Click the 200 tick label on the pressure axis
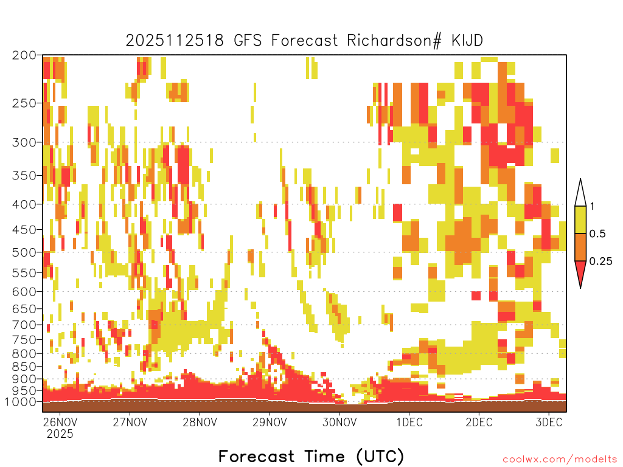24,55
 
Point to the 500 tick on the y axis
24,252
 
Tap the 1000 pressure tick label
21,402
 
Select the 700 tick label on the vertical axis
24,325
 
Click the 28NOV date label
200,422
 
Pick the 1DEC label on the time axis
409,422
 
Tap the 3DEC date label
549,422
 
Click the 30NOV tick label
339,422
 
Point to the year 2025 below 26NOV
60,434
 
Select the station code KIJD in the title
467,41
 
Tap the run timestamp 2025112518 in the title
175,41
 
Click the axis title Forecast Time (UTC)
311,457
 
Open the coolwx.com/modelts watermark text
560,460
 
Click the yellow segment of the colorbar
580,220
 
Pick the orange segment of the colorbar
580,247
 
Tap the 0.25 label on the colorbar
600,261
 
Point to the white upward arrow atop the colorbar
580,193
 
